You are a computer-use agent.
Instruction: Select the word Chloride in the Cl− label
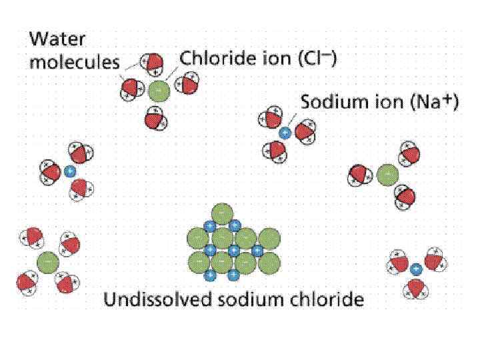pyautogui.click(x=214, y=60)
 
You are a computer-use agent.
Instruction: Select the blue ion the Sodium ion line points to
pyautogui.click(x=285, y=132)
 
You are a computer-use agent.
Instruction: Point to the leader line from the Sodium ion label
pyautogui.click(x=293, y=119)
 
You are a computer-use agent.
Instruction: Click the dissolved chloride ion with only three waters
pyautogui.click(x=386, y=175)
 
